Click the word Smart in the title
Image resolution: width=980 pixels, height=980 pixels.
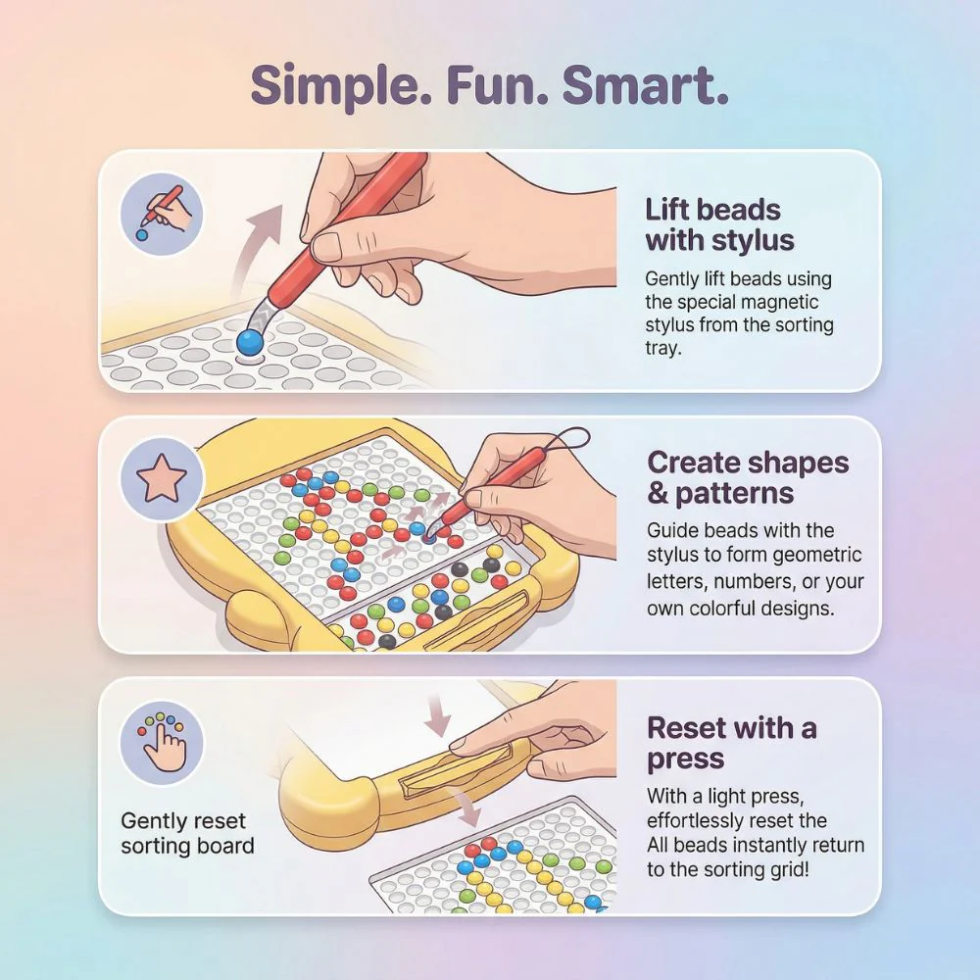(645, 86)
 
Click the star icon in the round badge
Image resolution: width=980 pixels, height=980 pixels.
(162, 478)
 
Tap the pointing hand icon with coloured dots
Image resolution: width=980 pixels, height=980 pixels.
(162, 742)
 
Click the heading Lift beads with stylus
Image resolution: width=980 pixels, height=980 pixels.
(719, 225)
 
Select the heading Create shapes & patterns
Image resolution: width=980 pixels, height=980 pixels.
(748, 478)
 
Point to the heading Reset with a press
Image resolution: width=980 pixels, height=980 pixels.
(731, 743)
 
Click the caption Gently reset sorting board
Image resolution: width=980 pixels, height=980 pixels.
(187, 833)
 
